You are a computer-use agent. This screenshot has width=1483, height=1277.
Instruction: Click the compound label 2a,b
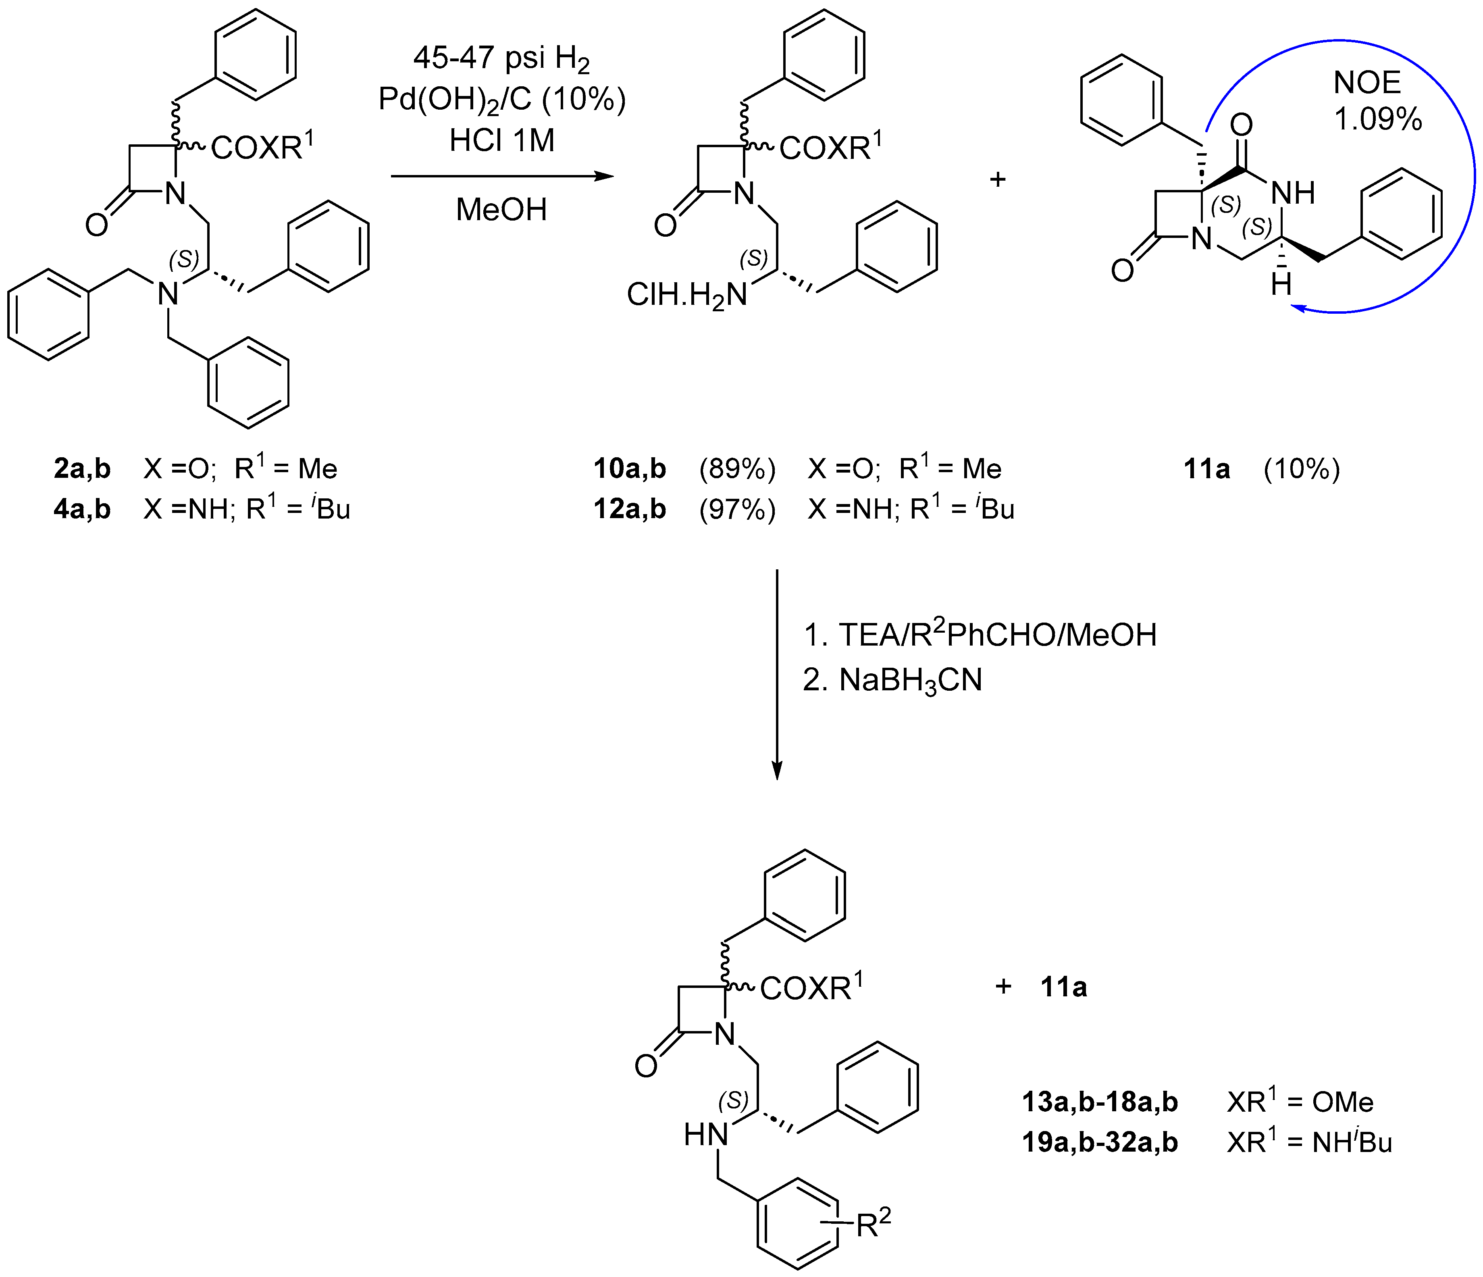[82, 469]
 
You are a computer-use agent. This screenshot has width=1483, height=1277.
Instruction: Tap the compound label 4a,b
[82, 509]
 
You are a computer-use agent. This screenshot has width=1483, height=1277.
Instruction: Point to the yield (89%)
[737, 469]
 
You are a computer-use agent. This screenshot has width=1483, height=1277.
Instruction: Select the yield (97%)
[737, 509]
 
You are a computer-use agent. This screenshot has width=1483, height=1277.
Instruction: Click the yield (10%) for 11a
[1301, 469]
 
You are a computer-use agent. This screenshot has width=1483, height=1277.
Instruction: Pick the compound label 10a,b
[630, 469]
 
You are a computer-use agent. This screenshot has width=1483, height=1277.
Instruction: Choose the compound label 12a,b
[630, 509]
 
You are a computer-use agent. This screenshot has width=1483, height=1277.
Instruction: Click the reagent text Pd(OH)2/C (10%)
[502, 100]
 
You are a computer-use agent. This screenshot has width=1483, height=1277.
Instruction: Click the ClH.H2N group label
[686, 295]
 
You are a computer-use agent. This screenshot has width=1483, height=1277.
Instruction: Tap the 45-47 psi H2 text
[502, 59]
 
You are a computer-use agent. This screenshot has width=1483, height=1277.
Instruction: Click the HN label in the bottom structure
[706, 1135]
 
